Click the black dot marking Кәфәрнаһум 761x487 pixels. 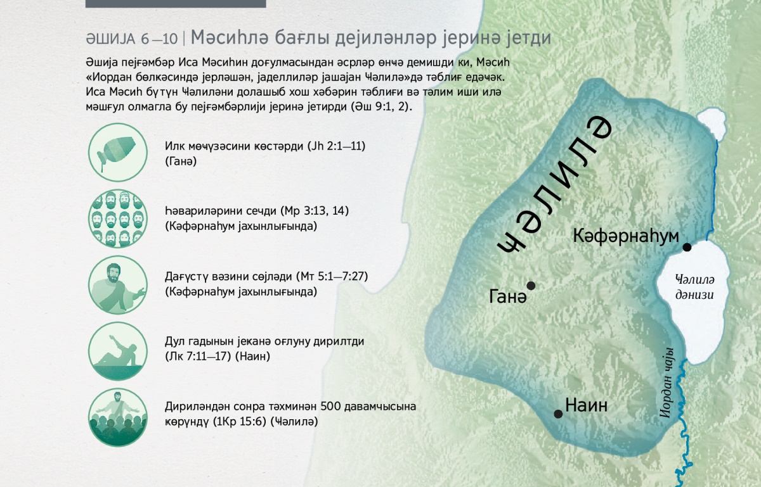coord(687,247)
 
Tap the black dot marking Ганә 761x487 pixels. coord(531,286)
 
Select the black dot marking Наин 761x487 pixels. coord(558,414)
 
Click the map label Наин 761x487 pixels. coord(586,405)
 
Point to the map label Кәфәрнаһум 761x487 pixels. coord(626,236)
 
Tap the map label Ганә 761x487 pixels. coord(507,297)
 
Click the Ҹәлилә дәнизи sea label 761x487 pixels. coord(695,288)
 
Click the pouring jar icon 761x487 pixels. coord(118,152)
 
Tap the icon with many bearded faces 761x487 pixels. coord(118,218)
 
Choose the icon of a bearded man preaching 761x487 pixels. coord(118,284)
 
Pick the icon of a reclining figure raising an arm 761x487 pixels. coord(118,351)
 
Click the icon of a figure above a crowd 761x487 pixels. coord(118,417)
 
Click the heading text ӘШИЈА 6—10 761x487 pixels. coord(132,39)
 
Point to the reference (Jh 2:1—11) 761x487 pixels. coord(336,146)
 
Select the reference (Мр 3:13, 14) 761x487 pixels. coord(315,211)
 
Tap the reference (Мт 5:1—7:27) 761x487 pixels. coord(332,277)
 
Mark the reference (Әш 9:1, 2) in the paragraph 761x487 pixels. coord(381,107)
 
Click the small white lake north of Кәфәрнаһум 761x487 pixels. coord(712,123)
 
